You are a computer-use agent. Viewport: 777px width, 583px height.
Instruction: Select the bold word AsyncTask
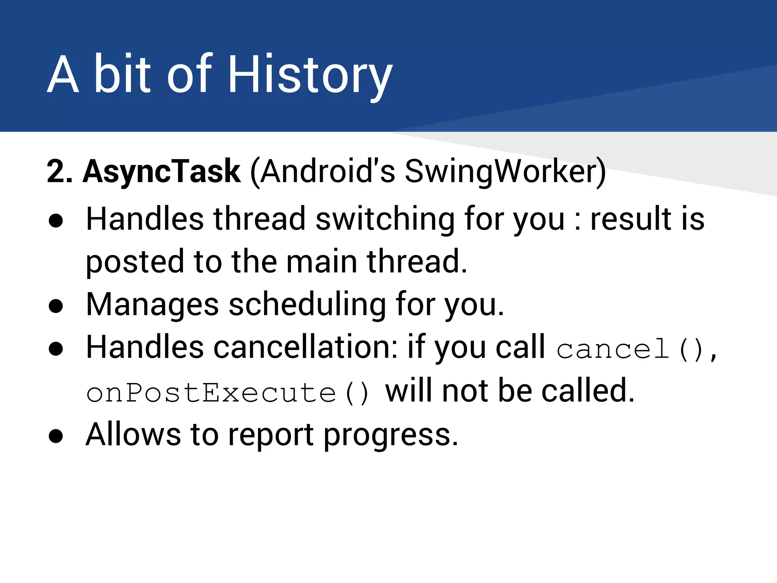click(162, 172)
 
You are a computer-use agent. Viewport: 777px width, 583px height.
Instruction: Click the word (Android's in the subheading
click(322, 172)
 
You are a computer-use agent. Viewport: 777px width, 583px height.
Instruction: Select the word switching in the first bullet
click(385, 219)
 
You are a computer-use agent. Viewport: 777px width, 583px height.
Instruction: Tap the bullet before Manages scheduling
click(56, 306)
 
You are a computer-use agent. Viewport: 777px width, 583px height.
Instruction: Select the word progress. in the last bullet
click(391, 436)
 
